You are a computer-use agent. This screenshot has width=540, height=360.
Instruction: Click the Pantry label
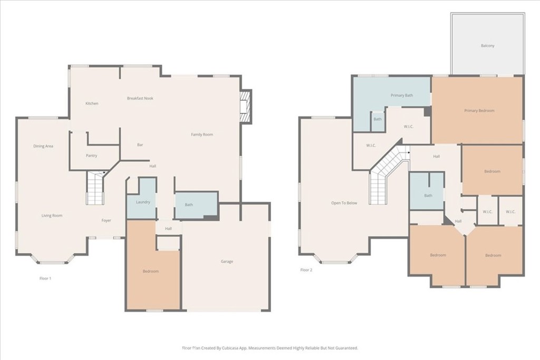(91, 156)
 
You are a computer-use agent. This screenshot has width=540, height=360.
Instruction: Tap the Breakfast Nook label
(140, 99)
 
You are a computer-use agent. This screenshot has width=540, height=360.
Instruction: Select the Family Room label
(202, 135)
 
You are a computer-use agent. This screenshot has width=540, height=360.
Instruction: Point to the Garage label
(227, 261)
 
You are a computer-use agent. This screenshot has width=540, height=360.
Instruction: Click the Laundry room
(143, 202)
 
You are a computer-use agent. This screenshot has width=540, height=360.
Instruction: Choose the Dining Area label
(43, 146)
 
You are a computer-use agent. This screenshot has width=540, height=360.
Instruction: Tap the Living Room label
(53, 216)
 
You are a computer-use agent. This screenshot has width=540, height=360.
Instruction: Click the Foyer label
(107, 221)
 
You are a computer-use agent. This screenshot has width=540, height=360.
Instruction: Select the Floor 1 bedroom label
(150, 271)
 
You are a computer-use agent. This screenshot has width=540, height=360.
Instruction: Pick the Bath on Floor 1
(189, 205)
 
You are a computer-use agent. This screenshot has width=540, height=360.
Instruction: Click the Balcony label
(488, 46)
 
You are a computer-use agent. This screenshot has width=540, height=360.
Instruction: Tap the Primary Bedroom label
(479, 111)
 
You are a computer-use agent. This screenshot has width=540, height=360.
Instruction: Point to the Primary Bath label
(402, 95)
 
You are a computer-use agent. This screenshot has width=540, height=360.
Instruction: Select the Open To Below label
(344, 203)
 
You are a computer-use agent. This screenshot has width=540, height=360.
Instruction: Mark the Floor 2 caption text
(306, 270)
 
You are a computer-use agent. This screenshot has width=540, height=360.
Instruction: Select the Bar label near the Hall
(140, 145)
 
